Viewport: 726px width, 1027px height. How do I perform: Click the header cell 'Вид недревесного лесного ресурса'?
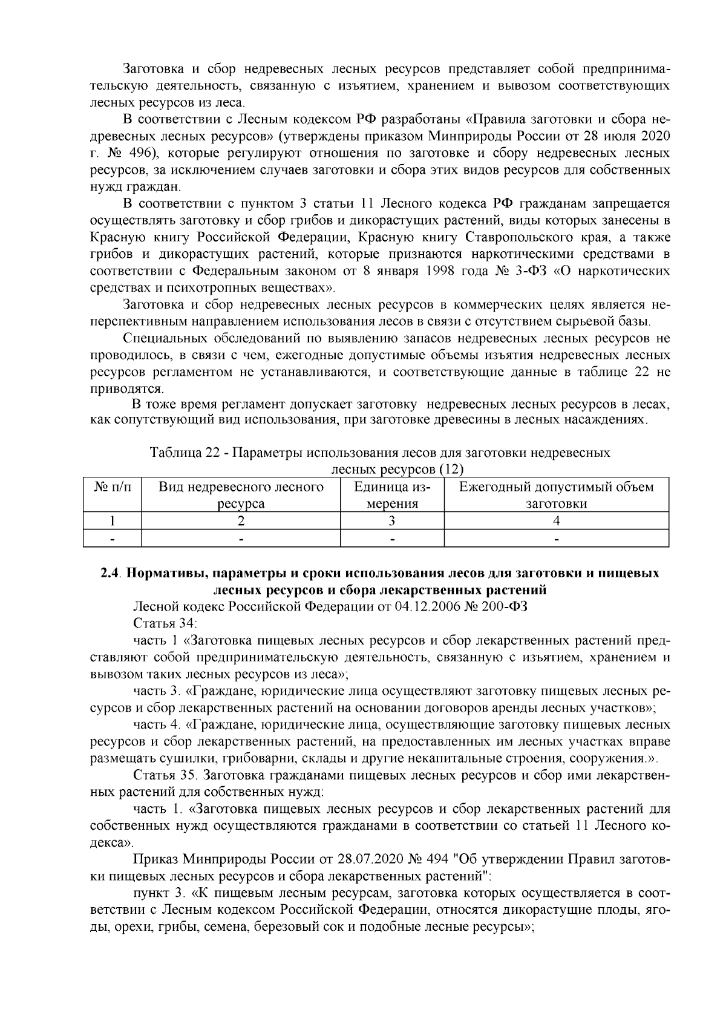(241, 495)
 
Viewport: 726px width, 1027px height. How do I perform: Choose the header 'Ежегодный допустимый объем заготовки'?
(556, 495)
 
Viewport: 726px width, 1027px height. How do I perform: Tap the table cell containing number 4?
(556, 520)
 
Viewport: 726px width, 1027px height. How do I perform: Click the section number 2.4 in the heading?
(111, 573)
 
